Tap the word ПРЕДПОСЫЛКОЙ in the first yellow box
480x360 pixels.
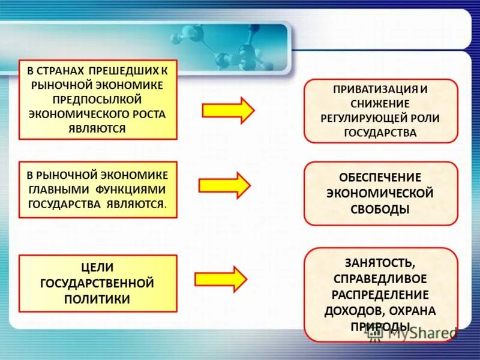pos(98,98)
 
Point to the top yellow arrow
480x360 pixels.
pos(228,110)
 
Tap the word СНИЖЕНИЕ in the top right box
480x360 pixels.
pos(381,103)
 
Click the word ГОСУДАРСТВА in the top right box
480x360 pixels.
pos(380,133)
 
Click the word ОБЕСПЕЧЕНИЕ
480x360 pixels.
pos(380,178)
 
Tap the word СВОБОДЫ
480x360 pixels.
pos(380,209)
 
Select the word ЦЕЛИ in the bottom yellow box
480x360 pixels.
pos(97,267)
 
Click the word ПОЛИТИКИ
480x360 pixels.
pos(97,298)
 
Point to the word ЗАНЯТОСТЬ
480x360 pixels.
pos(380,263)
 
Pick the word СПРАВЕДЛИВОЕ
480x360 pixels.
pos(380,279)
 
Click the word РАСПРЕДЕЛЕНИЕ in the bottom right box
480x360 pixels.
pos(380,295)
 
